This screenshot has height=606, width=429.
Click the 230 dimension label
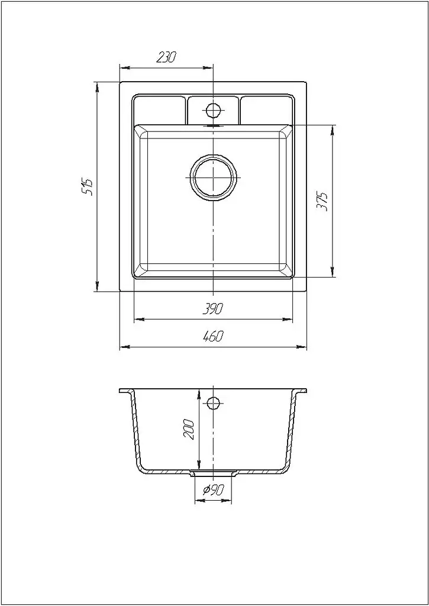167,57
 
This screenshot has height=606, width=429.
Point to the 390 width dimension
213,309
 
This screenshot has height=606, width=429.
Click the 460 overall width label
213,337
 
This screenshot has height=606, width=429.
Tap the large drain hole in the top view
214,178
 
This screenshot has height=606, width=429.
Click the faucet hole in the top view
213,111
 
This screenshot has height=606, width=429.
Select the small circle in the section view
213,404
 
